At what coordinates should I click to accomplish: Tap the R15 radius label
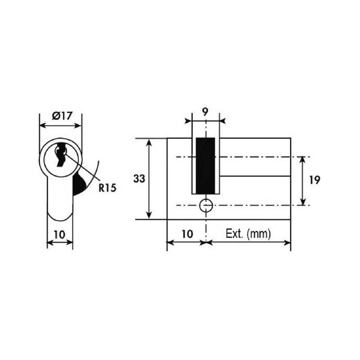(108, 187)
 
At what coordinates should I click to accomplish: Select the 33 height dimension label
(139, 179)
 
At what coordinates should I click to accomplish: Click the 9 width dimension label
(205, 112)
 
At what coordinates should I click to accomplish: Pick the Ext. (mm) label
(248, 234)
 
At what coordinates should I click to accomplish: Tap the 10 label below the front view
(59, 234)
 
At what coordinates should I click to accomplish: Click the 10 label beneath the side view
(187, 234)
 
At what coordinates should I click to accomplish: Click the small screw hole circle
(206, 205)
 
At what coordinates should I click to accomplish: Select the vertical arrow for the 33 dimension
(150, 179)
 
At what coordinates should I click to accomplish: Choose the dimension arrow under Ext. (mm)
(248, 243)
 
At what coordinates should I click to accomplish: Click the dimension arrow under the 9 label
(205, 121)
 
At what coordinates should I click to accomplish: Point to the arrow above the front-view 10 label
(60, 243)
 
